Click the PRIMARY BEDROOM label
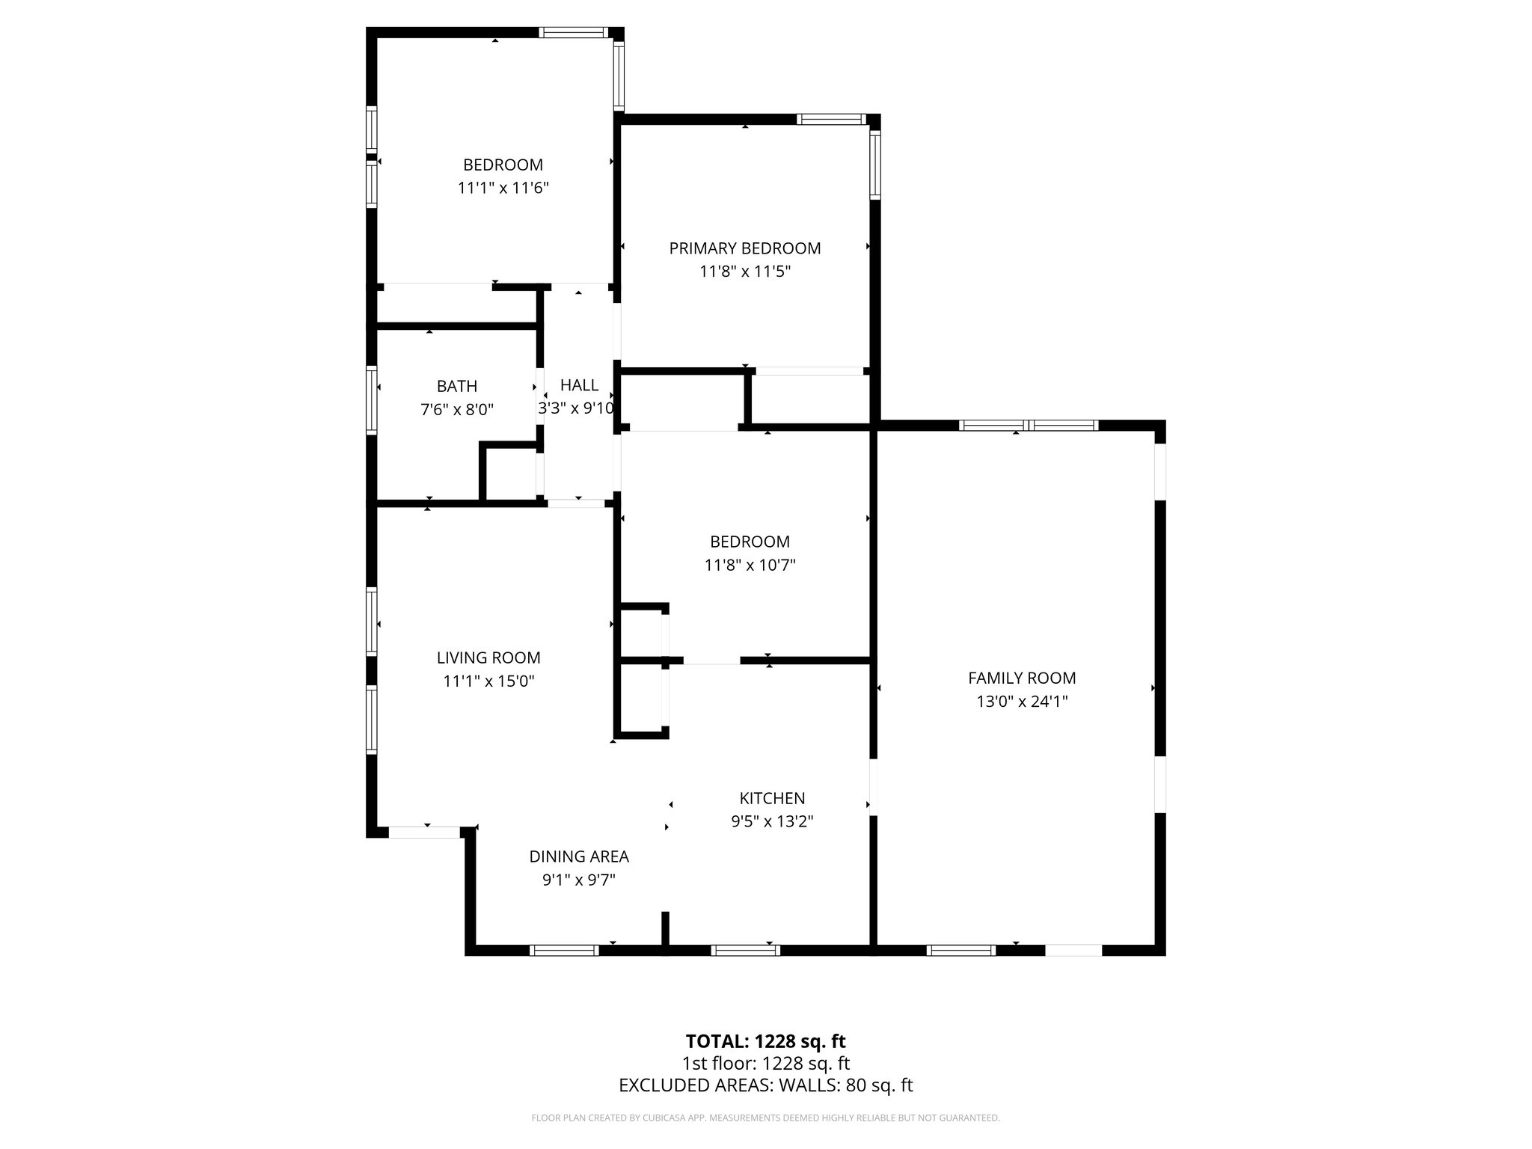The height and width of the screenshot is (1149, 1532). pos(745,248)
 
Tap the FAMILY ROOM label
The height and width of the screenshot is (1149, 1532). pos(1022,678)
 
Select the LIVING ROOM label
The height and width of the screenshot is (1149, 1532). pos(488,658)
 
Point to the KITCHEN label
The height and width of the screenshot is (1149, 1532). pos(772,798)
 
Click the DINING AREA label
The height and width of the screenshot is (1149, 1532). pos(579,857)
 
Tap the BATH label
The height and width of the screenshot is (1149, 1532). pos(457,386)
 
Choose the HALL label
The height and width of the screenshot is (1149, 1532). pos(579,384)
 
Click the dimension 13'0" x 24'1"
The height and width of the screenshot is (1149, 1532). pos(1022,702)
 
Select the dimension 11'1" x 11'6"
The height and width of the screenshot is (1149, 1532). pos(503,188)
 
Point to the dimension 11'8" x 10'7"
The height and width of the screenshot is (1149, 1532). pos(750,566)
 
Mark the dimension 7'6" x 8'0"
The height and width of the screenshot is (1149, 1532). pos(457,410)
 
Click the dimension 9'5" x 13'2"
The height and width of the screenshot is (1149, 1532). pos(772,821)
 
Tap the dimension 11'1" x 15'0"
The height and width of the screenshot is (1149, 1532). pos(488,681)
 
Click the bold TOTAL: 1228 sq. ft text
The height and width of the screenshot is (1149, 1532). pos(765,1041)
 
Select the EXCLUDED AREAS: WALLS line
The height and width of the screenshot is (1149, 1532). pos(765,1085)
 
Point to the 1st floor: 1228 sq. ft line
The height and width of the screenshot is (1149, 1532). pos(765,1064)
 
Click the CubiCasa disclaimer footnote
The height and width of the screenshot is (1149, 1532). pos(765,1118)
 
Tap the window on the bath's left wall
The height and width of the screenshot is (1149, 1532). pos(371,400)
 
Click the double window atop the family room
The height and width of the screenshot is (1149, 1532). pos(1029,426)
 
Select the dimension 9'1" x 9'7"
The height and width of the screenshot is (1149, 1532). pos(579,880)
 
